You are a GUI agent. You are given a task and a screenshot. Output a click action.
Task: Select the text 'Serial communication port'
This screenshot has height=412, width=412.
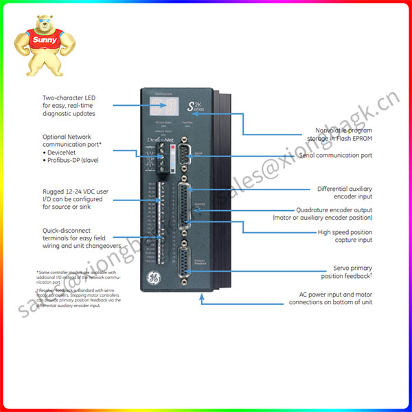[336, 156]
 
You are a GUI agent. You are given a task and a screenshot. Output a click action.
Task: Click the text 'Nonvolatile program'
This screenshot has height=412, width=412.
[344, 129]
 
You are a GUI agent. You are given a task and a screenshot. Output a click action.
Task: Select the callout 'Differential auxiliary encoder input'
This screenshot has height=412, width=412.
[344, 193]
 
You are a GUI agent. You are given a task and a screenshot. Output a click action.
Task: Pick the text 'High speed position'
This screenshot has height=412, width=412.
[346, 233]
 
